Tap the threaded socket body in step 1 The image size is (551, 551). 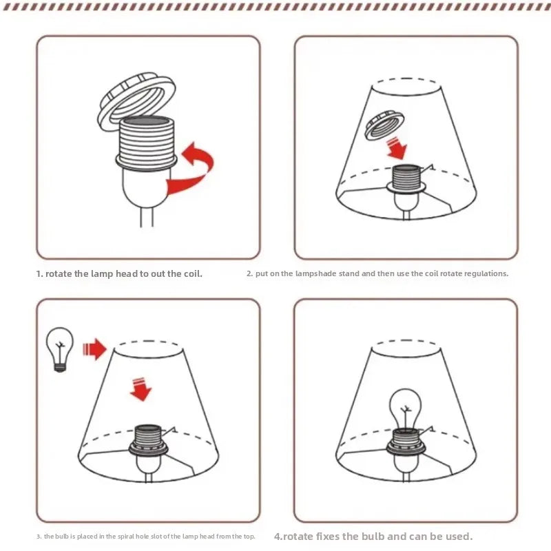tap(146, 141)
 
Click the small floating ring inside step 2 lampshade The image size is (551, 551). tap(384, 125)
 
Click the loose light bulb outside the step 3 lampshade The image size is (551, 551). tap(60, 349)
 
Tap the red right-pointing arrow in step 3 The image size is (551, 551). tap(94, 349)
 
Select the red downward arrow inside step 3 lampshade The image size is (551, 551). tap(141, 389)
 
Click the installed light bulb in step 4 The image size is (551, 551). tap(406, 408)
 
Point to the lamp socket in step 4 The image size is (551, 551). tap(406, 442)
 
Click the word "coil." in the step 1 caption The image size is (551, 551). tap(194, 273)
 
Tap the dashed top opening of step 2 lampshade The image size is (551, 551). tap(406, 79)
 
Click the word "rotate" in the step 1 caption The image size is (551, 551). tap(59, 274)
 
